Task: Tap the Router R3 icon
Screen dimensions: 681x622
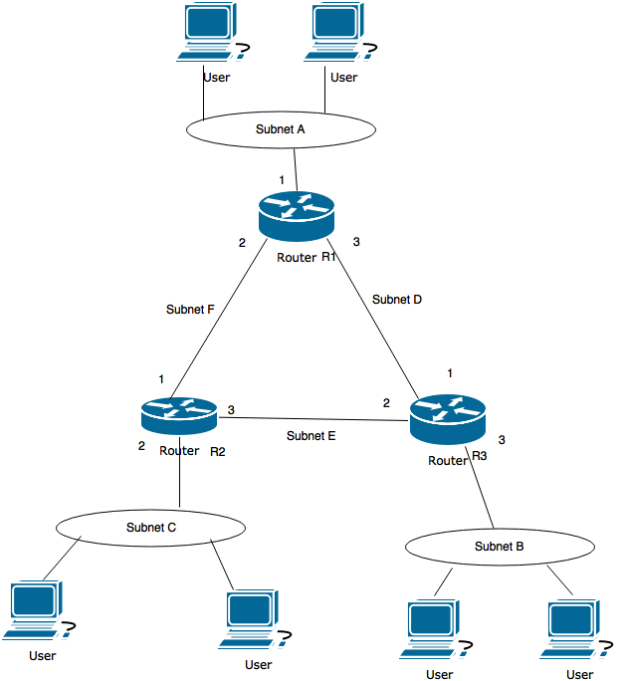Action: pyautogui.click(x=447, y=418)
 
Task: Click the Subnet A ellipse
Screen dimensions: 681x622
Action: pyautogui.click(x=280, y=129)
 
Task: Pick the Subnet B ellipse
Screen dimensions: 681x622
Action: pyautogui.click(x=500, y=547)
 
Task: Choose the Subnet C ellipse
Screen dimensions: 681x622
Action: pyautogui.click(x=150, y=527)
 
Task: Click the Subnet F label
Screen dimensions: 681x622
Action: pyautogui.click(x=190, y=310)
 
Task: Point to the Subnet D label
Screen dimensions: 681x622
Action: pyautogui.click(x=397, y=299)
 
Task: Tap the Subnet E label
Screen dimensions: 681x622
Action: pyautogui.click(x=311, y=435)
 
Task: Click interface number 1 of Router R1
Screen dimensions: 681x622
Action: pyautogui.click(x=282, y=180)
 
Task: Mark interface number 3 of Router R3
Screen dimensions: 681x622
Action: pyautogui.click(x=502, y=439)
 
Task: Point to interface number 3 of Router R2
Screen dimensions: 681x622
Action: pyautogui.click(x=231, y=409)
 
